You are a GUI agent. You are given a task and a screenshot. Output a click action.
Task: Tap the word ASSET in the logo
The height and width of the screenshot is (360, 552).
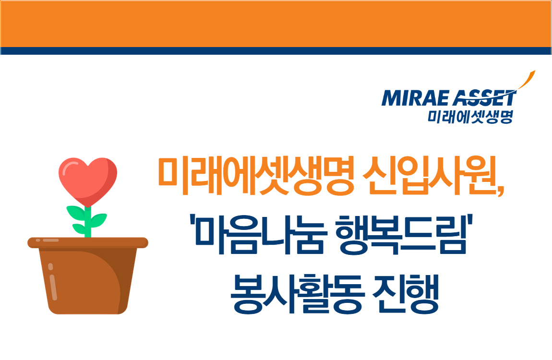[483, 99]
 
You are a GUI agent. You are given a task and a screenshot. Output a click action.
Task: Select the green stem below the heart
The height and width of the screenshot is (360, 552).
[88, 223]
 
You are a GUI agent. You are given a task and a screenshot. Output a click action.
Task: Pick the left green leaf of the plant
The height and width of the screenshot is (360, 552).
[75, 212]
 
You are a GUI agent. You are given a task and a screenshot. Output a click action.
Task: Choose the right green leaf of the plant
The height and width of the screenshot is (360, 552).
[98, 221]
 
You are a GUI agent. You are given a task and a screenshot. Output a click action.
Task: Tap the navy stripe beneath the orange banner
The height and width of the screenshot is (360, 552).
[276, 51]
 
